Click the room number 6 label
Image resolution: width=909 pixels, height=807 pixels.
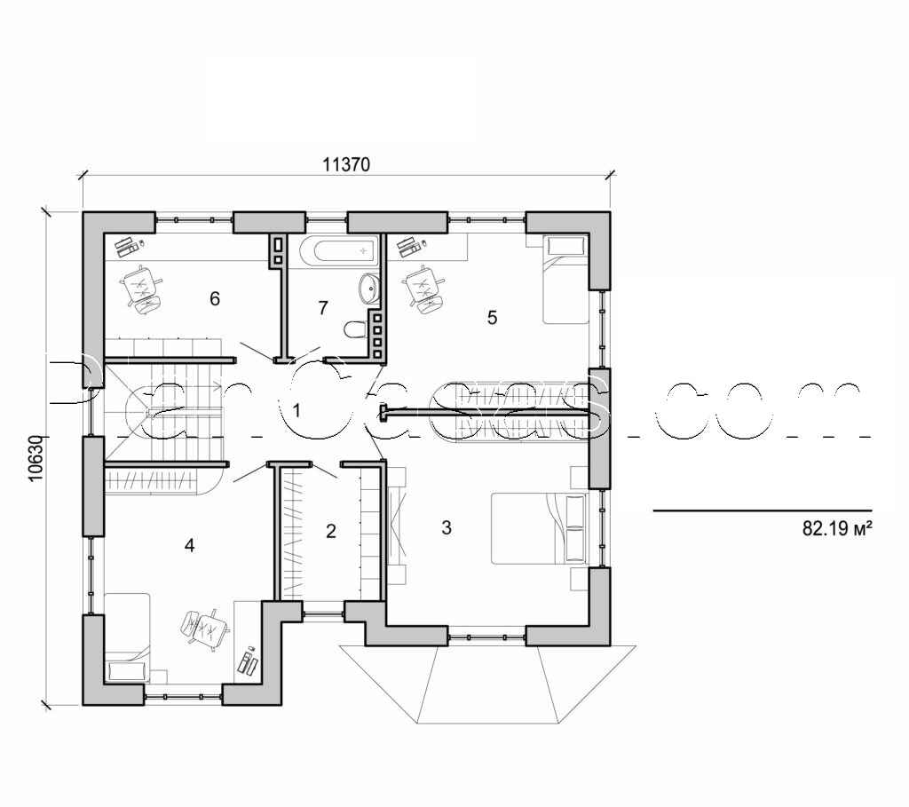click(x=214, y=298)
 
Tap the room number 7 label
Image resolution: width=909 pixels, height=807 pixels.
click(x=323, y=308)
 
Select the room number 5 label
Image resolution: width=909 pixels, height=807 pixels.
click(x=493, y=317)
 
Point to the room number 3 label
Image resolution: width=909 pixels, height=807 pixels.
click(x=447, y=527)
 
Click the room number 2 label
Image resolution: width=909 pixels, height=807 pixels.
click(x=331, y=532)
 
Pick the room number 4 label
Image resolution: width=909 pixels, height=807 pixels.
click(x=189, y=545)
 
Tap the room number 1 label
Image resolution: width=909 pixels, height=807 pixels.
click(x=297, y=410)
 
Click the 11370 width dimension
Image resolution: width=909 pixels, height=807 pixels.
click(x=345, y=164)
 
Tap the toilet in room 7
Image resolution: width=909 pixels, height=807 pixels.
click(x=354, y=330)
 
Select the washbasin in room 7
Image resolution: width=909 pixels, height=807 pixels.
click(x=368, y=288)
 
